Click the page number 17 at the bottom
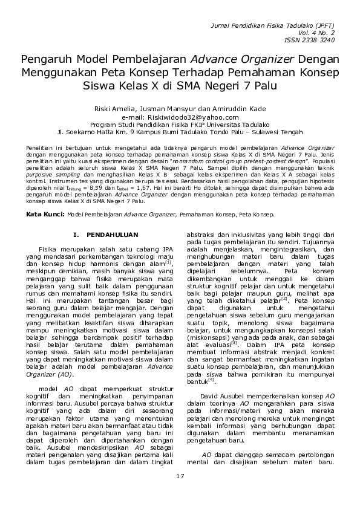(180, 478)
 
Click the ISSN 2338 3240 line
(309, 41)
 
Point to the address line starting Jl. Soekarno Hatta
(180, 130)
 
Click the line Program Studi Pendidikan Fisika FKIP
(180, 123)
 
